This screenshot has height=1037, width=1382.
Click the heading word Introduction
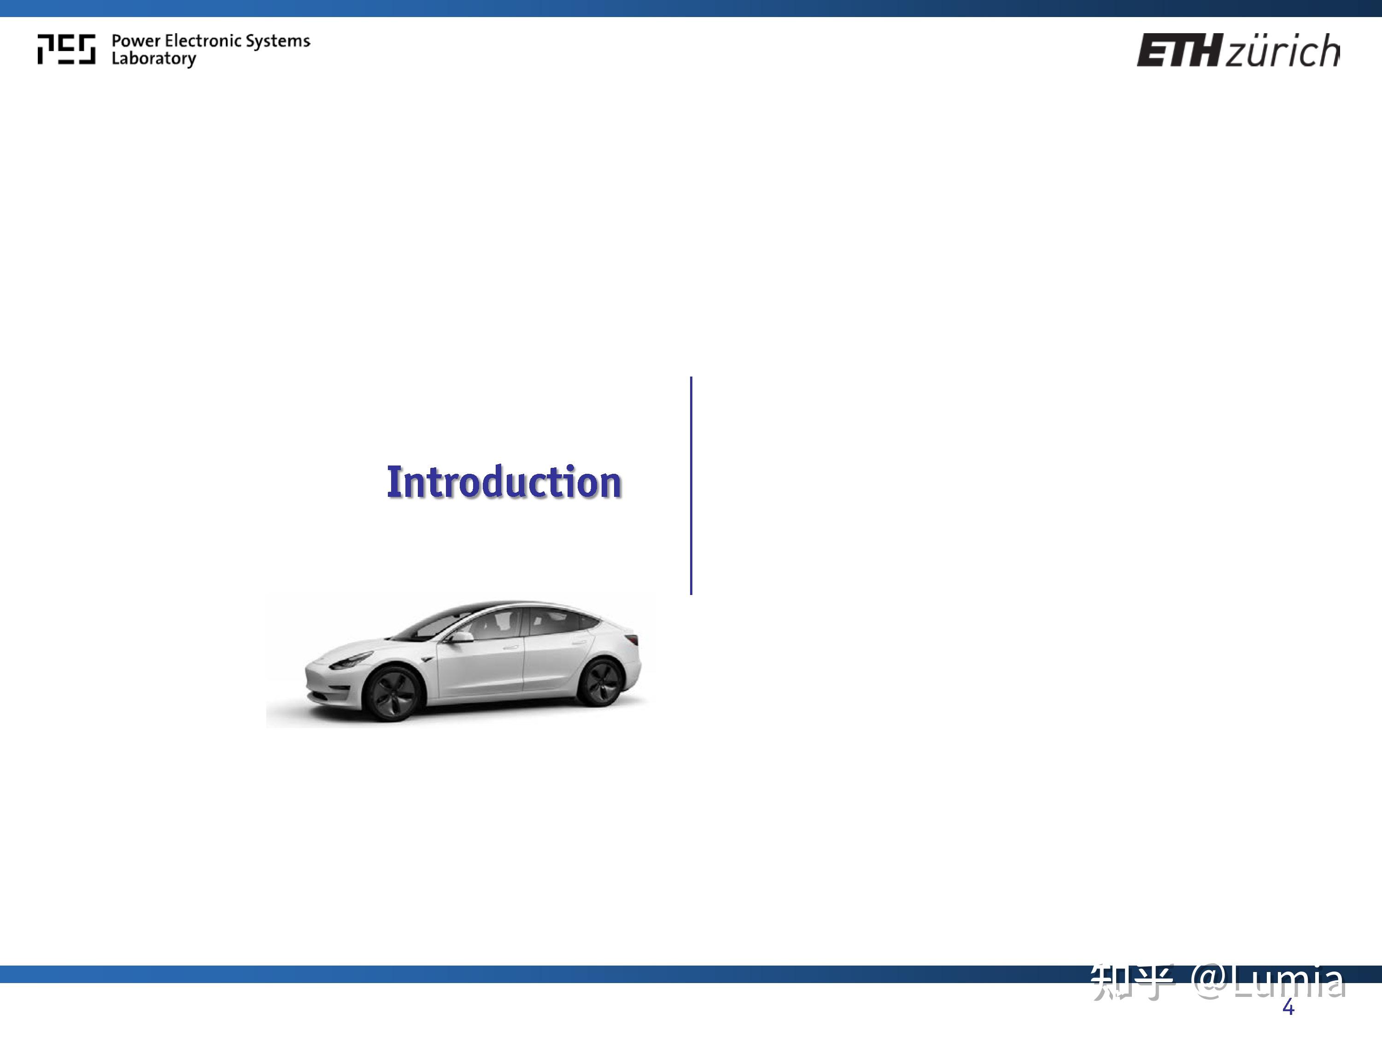coord(504,482)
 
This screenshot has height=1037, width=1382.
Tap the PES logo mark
coord(66,49)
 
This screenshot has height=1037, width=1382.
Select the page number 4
coord(1288,1008)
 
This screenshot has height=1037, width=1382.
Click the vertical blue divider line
coord(691,486)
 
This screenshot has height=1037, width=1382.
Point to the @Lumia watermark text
coord(1268,981)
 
